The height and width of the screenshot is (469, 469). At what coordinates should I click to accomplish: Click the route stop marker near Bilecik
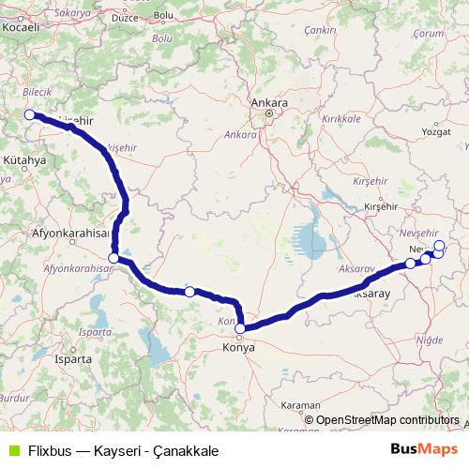click(x=29, y=114)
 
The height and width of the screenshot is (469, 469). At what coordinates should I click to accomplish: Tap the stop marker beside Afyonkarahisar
click(x=113, y=258)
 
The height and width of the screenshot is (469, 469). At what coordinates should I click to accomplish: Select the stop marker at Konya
click(x=240, y=328)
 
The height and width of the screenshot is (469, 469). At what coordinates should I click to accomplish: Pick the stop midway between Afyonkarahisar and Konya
click(x=189, y=292)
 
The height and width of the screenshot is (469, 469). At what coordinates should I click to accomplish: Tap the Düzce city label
click(x=124, y=43)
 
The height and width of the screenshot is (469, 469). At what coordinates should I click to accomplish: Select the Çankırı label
click(x=320, y=31)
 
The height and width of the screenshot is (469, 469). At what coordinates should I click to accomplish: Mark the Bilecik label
click(x=34, y=96)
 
